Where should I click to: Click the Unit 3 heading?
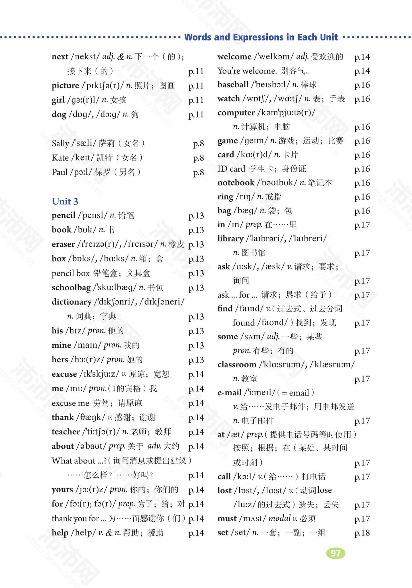[65, 201]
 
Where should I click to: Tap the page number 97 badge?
[336, 553]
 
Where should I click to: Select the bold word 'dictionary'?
[72, 302]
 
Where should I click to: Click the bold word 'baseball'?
[233, 84]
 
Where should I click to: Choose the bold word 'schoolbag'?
[71, 287]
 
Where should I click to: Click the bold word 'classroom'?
[237, 364]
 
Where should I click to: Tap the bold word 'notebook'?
[236, 183]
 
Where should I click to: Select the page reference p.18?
[362, 533]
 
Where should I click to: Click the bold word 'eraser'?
[63, 244]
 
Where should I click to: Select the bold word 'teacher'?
[66, 432]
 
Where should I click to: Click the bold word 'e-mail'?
[229, 392]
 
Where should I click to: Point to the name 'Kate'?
[60, 158]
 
